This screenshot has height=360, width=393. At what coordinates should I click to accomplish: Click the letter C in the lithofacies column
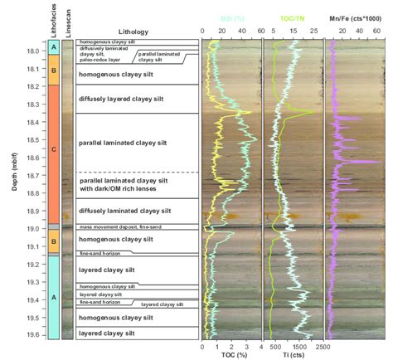(x=54, y=149)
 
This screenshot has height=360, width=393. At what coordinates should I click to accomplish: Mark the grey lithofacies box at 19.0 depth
(x=54, y=226)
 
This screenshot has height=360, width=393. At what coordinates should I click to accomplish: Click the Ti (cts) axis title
(x=292, y=355)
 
